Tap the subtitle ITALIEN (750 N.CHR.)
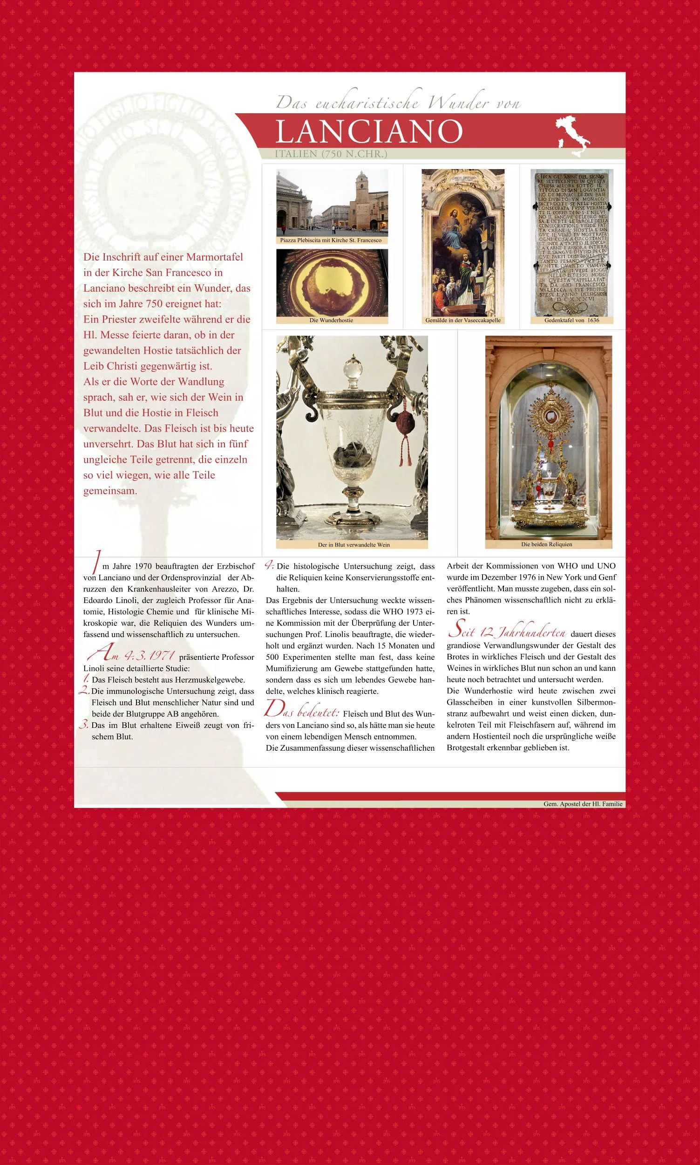(331, 154)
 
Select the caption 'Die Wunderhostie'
(331, 321)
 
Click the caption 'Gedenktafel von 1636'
(572, 320)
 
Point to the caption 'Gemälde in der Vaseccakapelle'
(463, 320)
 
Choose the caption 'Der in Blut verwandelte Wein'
(354, 544)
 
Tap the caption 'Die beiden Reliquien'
(547, 544)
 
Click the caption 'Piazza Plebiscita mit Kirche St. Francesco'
(331, 240)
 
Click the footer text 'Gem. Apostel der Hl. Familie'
(583, 803)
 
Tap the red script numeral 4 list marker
(269, 565)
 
